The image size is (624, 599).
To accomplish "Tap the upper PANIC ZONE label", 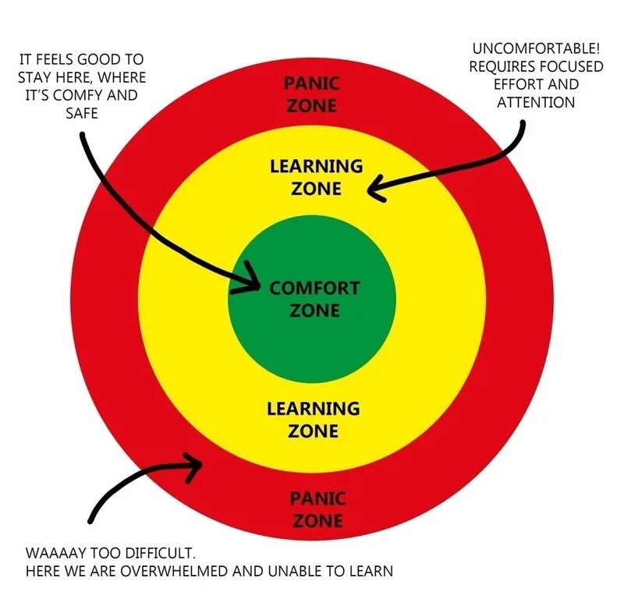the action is [311, 94].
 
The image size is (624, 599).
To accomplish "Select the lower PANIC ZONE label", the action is [317, 509].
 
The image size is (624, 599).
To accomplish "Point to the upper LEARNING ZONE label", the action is [316, 177].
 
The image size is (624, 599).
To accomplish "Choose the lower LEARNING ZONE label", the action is [313, 420].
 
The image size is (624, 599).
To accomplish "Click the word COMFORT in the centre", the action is [314, 289].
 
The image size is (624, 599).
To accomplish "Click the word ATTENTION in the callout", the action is [536, 102].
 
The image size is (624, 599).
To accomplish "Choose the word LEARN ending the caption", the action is [370, 571].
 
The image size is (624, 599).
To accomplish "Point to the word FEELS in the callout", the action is [60, 59].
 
